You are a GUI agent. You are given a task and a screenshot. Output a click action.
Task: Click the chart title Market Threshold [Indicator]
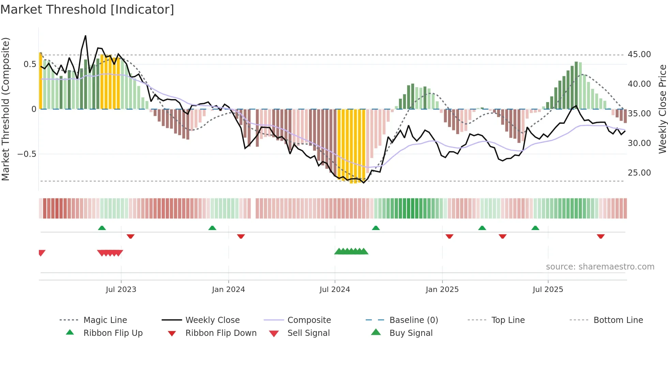tap(87, 10)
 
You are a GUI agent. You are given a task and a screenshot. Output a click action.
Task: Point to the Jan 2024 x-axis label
tap(228, 290)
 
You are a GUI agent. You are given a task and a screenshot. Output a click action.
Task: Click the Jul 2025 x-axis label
tap(548, 290)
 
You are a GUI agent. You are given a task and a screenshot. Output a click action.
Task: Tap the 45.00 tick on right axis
tap(639, 54)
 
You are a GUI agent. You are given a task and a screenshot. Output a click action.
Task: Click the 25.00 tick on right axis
tap(639, 173)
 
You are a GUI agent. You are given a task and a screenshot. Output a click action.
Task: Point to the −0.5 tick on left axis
tap(27, 154)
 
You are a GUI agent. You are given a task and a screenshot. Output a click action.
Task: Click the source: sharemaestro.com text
tap(600, 267)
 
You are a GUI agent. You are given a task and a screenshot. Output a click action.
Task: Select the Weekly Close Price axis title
tap(662, 109)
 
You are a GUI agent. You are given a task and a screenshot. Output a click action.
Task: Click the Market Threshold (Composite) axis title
tap(5, 109)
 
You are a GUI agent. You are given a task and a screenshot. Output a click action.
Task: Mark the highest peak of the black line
tap(86, 36)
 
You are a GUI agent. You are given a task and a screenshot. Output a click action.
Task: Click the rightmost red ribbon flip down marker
tap(601, 236)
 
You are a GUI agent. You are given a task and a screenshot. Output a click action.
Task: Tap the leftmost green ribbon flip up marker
tap(102, 228)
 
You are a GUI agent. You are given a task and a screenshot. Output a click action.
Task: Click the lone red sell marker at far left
tap(42, 253)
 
